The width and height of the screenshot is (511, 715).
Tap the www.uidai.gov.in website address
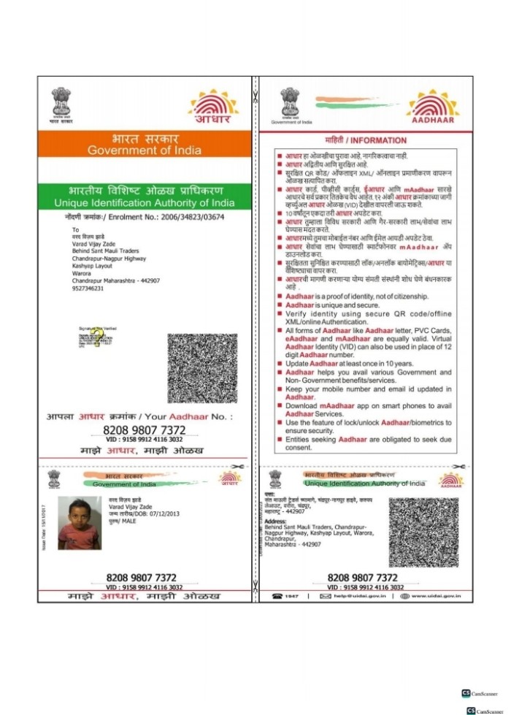[434, 596]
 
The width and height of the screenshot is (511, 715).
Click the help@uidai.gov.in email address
[356, 596]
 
